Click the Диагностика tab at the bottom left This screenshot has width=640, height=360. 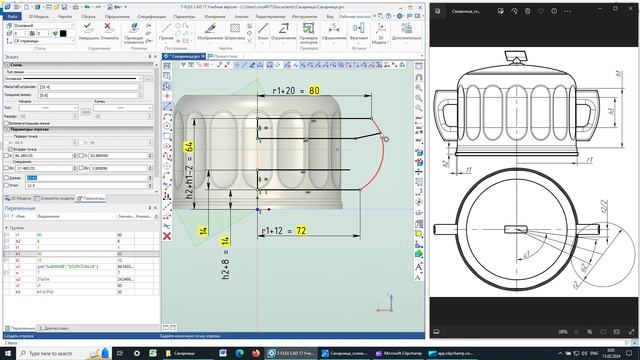pos(56,328)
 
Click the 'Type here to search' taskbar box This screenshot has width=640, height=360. pos(60,353)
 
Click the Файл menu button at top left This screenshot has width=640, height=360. pos(13,17)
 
